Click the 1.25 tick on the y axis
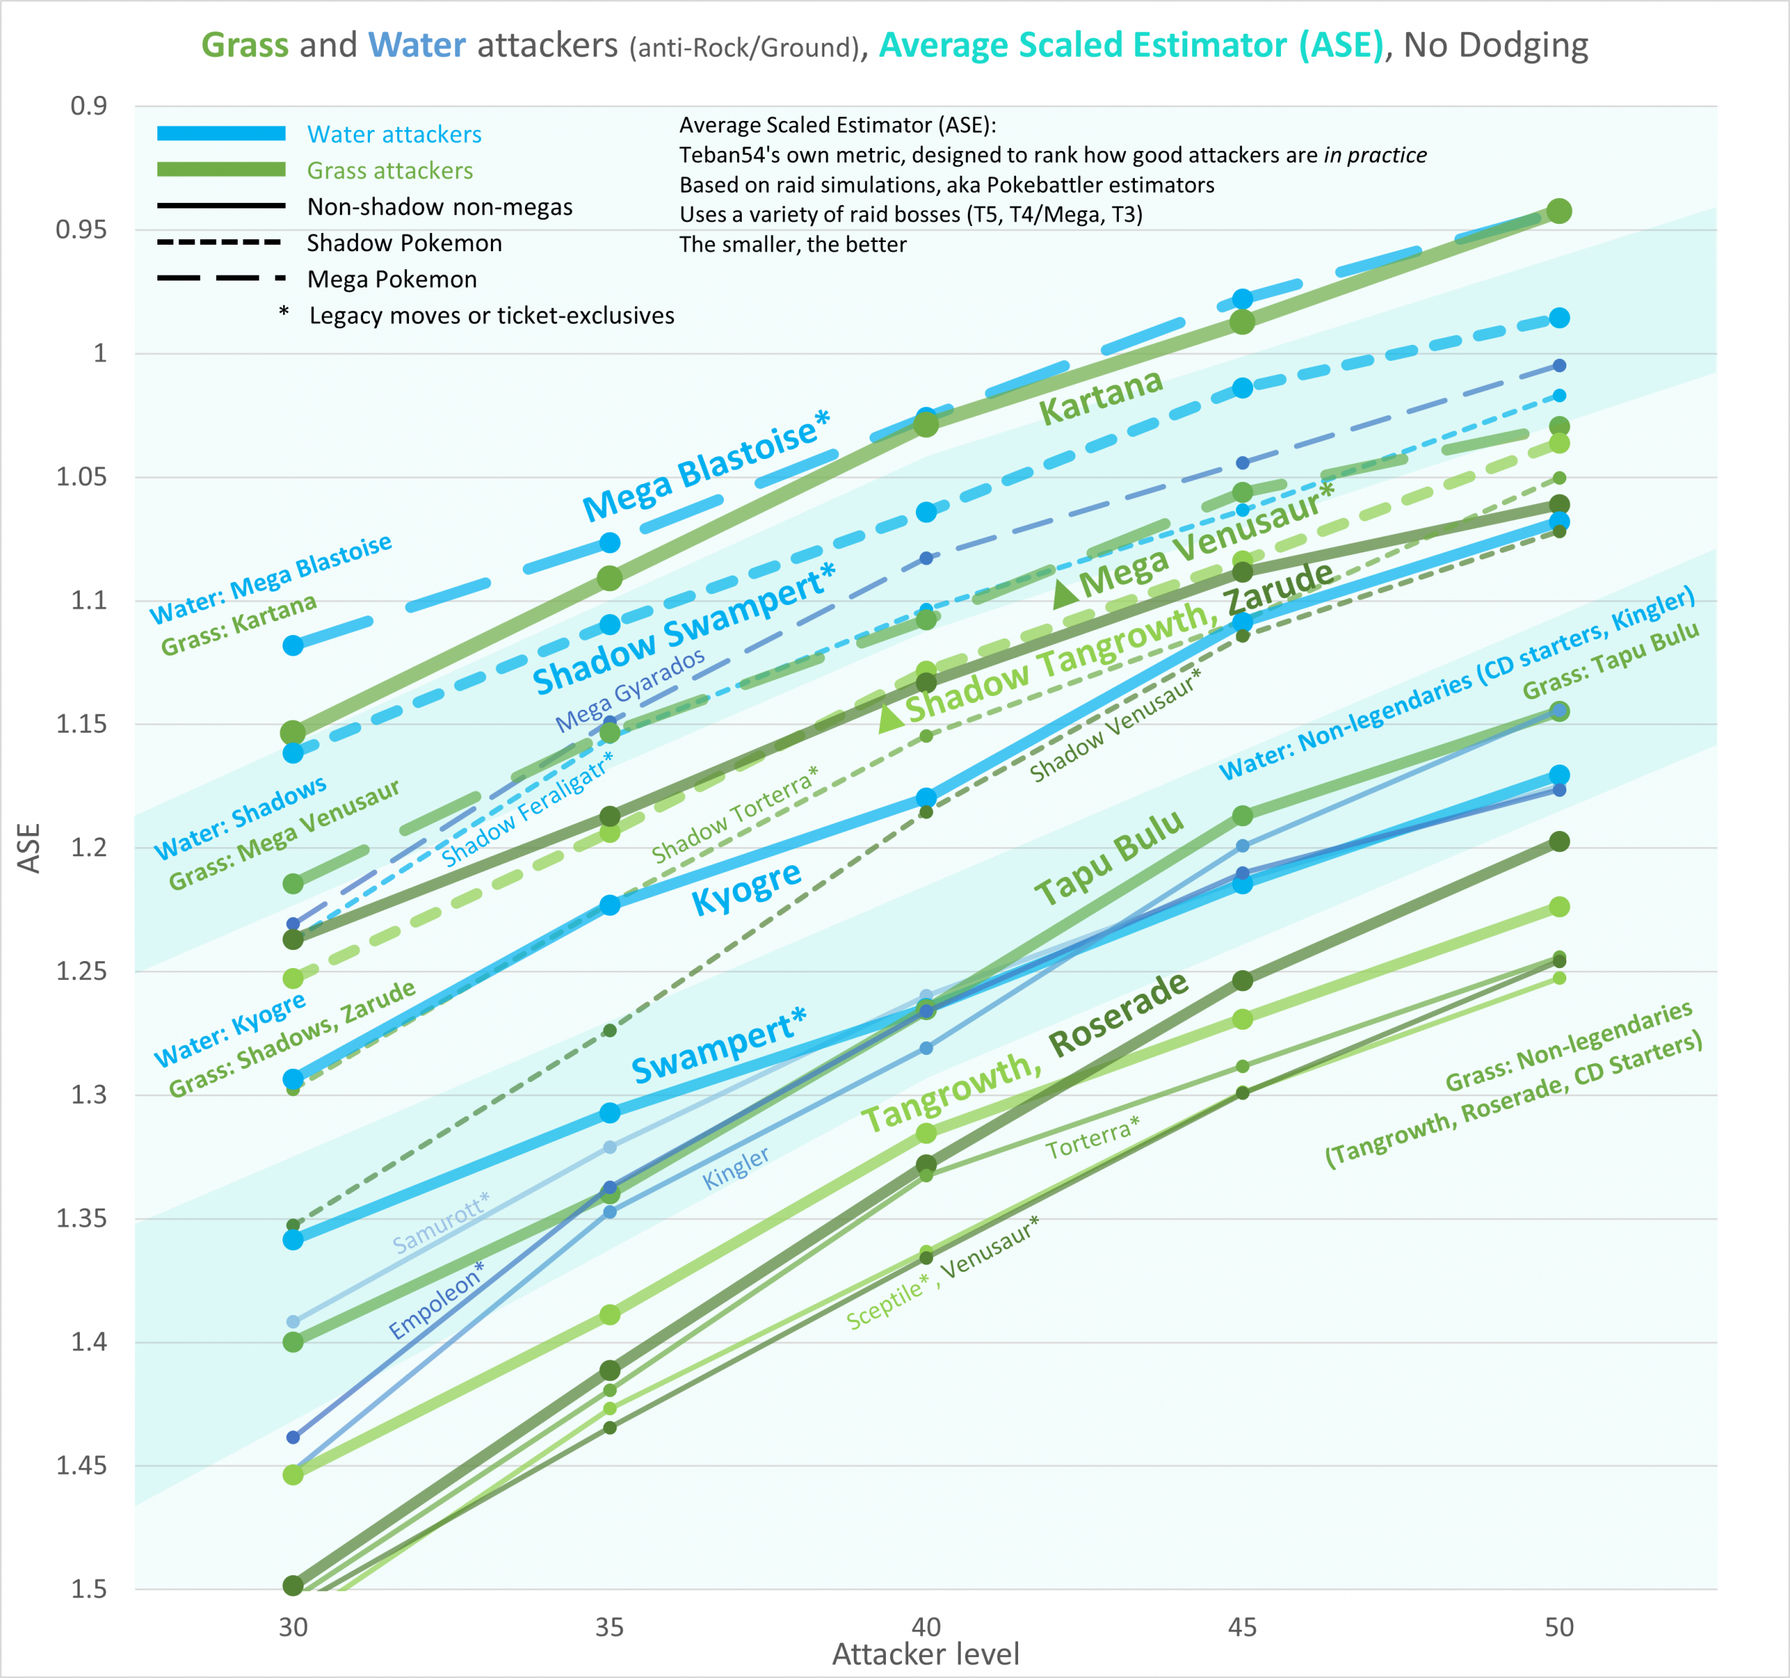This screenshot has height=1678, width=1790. pyautogui.click(x=80, y=971)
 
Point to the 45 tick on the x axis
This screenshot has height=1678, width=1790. pyautogui.click(x=1243, y=1627)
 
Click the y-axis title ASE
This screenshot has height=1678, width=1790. pyautogui.click(x=29, y=848)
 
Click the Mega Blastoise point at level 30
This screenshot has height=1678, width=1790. pyautogui.click(x=293, y=645)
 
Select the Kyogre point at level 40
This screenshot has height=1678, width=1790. pyautogui.click(x=926, y=797)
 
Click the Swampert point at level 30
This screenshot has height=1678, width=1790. pyautogui.click(x=293, y=1239)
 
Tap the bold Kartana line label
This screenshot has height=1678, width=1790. pyautogui.click(x=1101, y=397)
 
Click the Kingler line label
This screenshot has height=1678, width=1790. pyautogui.click(x=736, y=1167)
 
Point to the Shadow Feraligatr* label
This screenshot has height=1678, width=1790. pyautogui.click(x=527, y=809)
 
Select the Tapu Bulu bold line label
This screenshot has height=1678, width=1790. pyautogui.click(x=1108, y=858)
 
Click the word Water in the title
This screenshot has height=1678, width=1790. pyautogui.click(x=417, y=45)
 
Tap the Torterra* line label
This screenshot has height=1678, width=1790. pyautogui.click(x=1092, y=1137)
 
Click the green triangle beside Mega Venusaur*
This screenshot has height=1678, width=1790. pyautogui.click(x=1065, y=592)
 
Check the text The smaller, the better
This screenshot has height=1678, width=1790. pyautogui.click(x=792, y=244)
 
